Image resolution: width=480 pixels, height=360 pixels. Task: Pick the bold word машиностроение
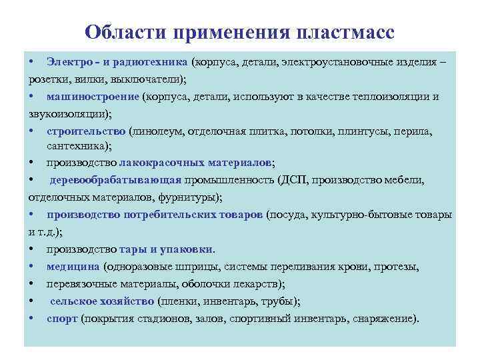(x=93, y=96)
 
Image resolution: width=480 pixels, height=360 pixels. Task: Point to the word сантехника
(x=77, y=147)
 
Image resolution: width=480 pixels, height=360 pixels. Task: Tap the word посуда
(x=289, y=215)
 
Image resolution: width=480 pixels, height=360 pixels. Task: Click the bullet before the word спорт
(x=33, y=318)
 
